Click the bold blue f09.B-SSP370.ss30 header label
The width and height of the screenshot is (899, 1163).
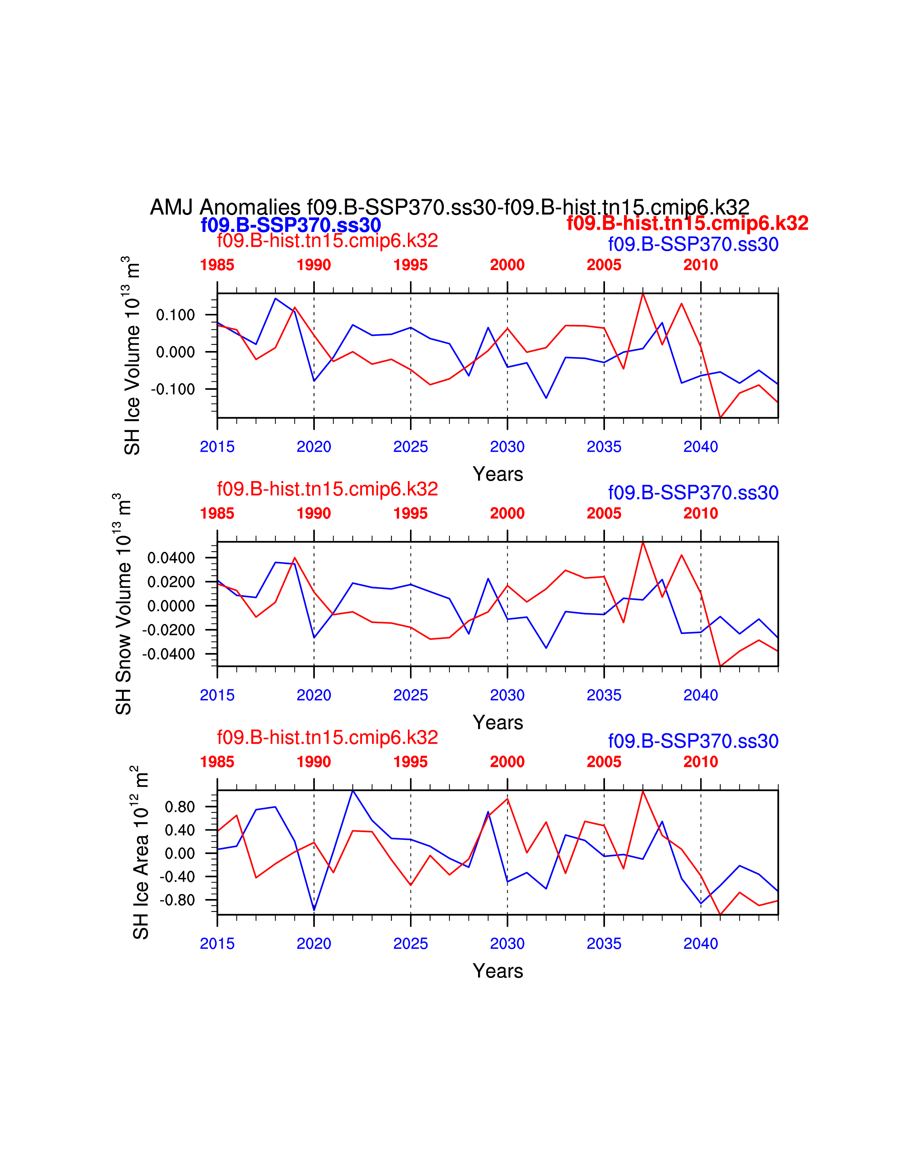(x=291, y=225)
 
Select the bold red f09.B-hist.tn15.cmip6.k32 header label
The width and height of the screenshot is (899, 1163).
(x=687, y=223)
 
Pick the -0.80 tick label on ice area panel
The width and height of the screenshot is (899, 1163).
(x=179, y=900)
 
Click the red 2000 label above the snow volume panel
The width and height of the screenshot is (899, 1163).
(x=507, y=513)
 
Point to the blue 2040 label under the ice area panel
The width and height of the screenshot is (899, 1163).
(x=701, y=943)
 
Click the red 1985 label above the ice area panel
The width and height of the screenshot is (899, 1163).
(x=217, y=762)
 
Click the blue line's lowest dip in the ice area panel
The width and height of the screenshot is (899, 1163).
(x=314, y=910)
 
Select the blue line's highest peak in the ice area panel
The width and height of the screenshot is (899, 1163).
(x=353, y=791)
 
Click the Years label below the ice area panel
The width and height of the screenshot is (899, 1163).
(x=497, y=971)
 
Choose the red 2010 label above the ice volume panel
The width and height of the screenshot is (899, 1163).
(x=701, y=265)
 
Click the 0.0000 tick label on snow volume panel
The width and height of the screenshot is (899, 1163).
(x=171, y=606)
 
